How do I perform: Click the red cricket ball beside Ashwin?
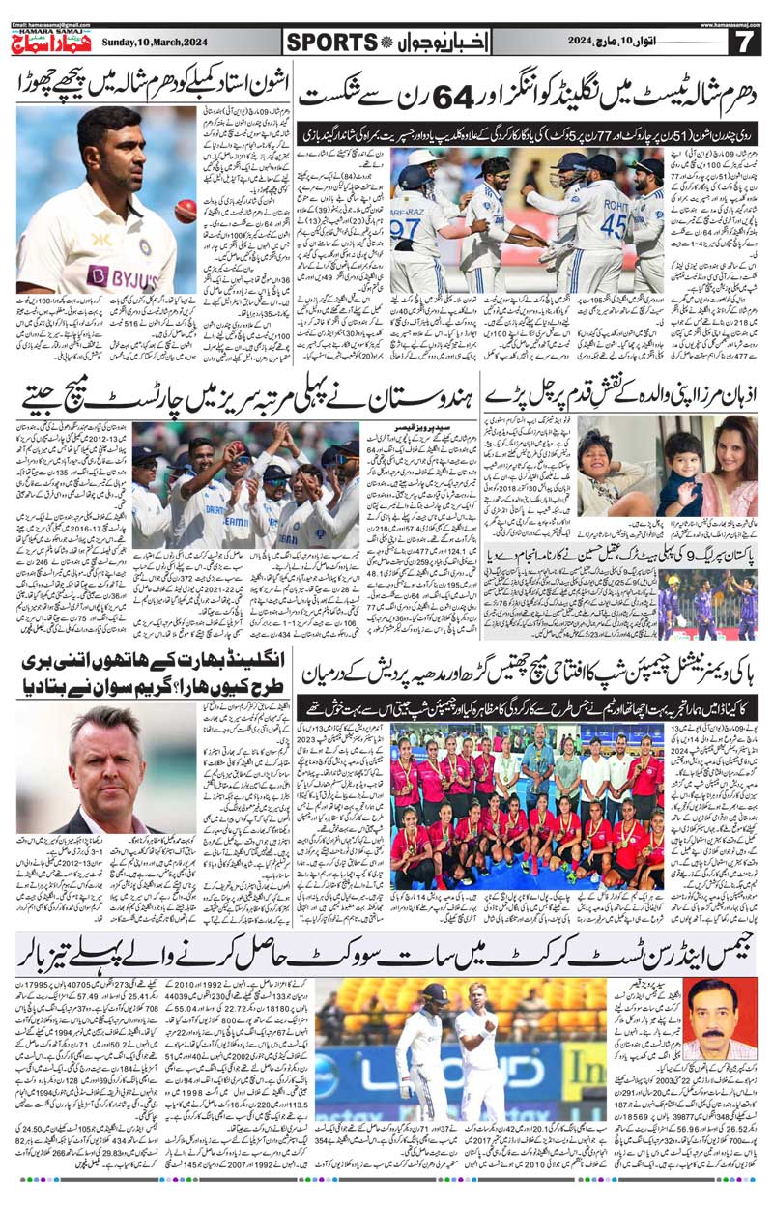click(185, 211)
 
